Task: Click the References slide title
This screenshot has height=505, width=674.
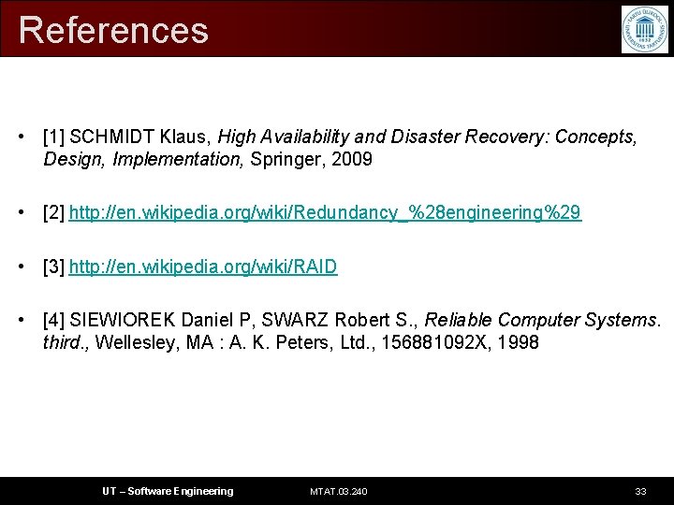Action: pos(113,30)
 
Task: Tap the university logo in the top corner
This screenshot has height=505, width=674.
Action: pos(645,29)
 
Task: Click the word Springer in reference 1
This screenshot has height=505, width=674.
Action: pos(285,160)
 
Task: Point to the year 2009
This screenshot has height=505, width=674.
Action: pos(351,160)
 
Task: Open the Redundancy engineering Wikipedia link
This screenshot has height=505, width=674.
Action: pos(325,213)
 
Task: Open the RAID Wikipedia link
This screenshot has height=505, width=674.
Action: pos(203,267)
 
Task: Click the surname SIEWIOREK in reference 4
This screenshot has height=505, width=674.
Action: pos(124,321)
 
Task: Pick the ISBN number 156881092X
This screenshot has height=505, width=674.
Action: pos(437,343)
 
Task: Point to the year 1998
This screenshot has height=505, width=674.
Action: pos(519,343)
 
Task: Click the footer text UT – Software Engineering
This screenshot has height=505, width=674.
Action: pos(168,491)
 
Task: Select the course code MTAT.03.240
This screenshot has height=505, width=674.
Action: pos(338,491)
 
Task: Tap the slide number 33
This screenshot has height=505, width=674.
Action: pos(640,491)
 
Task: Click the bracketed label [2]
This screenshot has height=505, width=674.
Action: pos(53,213)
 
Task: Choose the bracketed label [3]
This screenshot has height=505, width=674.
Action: pos(53,267)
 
